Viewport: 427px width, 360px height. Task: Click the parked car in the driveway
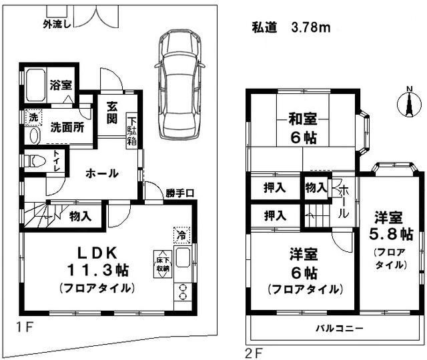(x=179, y=85)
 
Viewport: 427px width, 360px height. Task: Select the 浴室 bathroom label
(x=61, y=85)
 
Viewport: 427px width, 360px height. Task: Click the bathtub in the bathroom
(x=35, y=85)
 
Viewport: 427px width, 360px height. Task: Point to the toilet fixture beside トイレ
(x=35, y=161)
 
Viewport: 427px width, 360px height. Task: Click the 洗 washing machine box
(x=33, y=117)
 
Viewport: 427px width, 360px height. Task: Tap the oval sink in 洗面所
(x=34, y=135)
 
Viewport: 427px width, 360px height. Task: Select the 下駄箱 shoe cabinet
(x=132, y=131)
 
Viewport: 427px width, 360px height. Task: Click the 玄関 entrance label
(x=112, y=113)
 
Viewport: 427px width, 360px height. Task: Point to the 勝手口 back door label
(x=180, y=193)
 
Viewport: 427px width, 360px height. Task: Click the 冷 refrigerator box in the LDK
(x=181, y=235)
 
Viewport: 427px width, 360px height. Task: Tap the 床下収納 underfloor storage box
(x=163, y=264)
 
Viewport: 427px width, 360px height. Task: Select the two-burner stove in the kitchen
(x=183, y=292)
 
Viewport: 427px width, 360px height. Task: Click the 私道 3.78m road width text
(x=291, y=27)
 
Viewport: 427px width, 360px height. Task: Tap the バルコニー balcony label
(x=340, y=328)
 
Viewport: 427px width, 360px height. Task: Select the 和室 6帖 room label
(x=303, y=129)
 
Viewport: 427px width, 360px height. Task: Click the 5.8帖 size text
(x=391, y=234)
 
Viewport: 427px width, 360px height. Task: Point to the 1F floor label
(x=25, y=327)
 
